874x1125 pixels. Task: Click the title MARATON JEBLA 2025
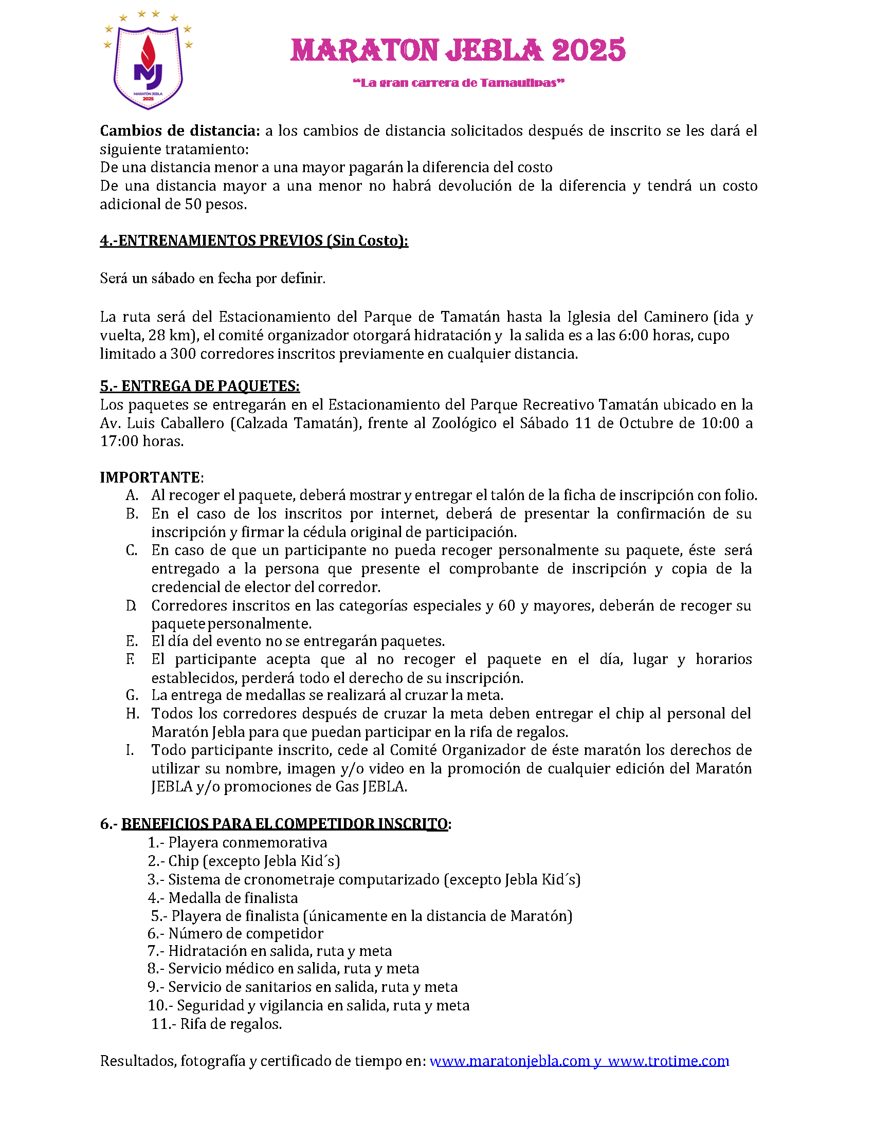pos(458,50)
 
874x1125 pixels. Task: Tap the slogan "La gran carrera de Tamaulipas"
pos(459,83)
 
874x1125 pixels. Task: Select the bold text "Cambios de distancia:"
pos(180,131)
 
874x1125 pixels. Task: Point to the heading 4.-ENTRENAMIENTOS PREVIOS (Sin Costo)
pos(253,241)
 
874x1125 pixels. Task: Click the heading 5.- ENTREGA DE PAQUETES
pos(199,386)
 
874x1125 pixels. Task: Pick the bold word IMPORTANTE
pos(150,477)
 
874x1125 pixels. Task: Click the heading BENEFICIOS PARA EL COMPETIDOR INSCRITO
pos(284,824)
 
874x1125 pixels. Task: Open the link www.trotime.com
pos(668,1061)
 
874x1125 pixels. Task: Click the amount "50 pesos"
pos(215,205)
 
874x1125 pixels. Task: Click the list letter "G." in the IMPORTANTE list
pos(132,695)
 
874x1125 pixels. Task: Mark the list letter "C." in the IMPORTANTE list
pos(132,550)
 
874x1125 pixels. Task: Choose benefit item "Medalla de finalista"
pos(233,898)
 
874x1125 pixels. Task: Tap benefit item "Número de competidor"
pos(246,933)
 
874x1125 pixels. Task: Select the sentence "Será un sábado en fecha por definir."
pos(213,279)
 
